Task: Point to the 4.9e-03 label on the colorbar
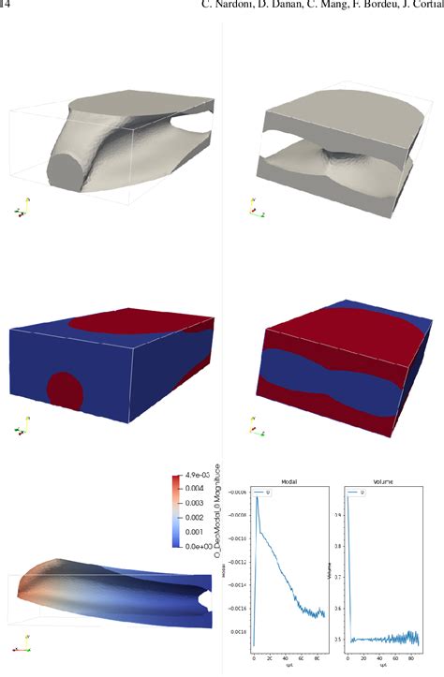(x=198, y=477)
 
